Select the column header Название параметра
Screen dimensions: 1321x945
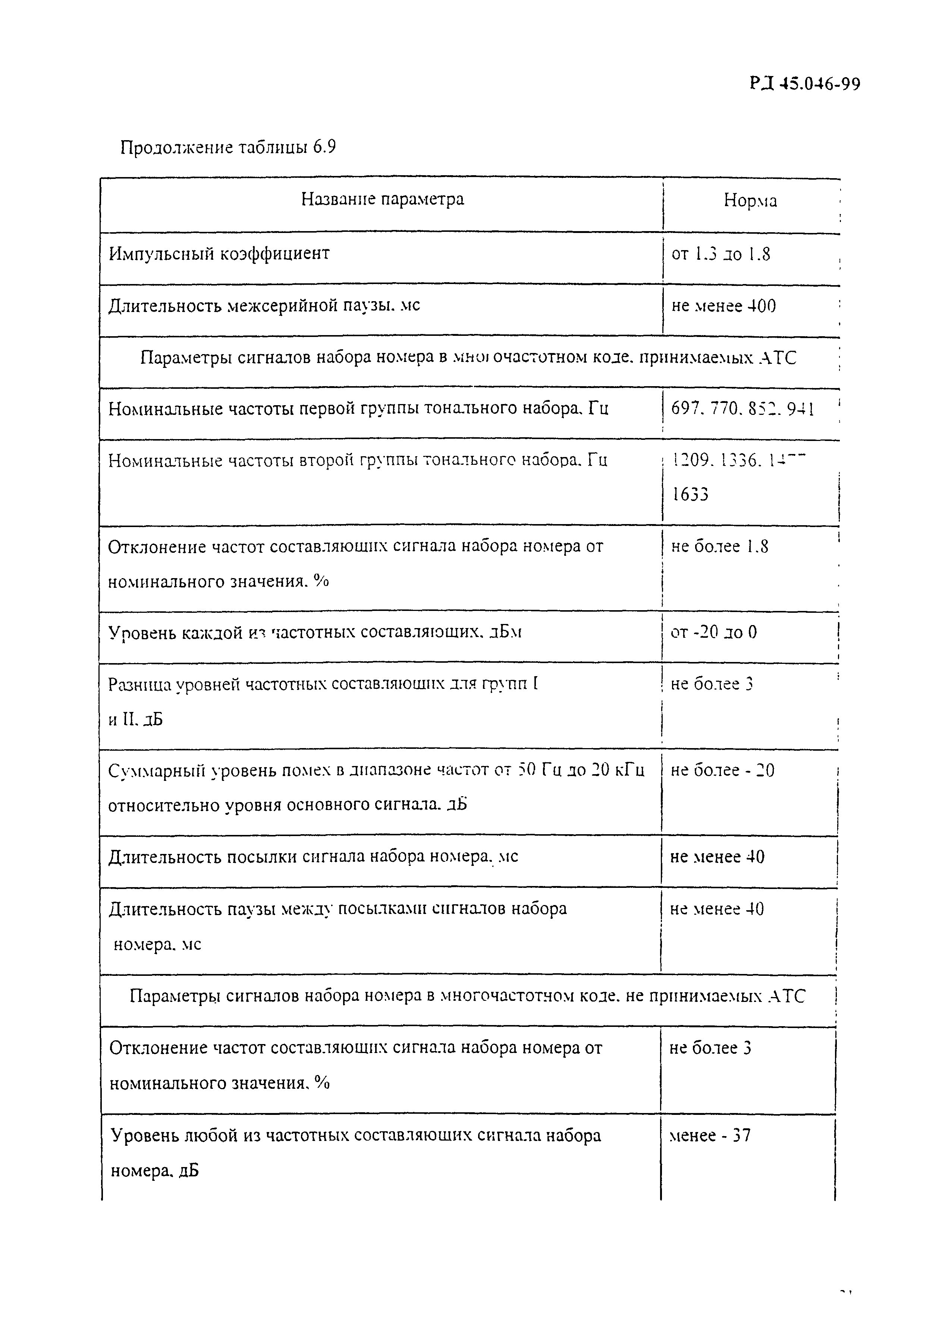click(x=382, y=199)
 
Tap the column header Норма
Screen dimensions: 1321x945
click(x=750, y=201)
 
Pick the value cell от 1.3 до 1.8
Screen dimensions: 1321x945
click(x=720, y=254)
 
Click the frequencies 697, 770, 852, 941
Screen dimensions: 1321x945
click(x=742, y=409)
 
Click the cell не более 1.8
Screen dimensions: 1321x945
click(x=719, y=546)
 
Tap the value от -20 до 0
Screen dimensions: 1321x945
click(x=714, y=632)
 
